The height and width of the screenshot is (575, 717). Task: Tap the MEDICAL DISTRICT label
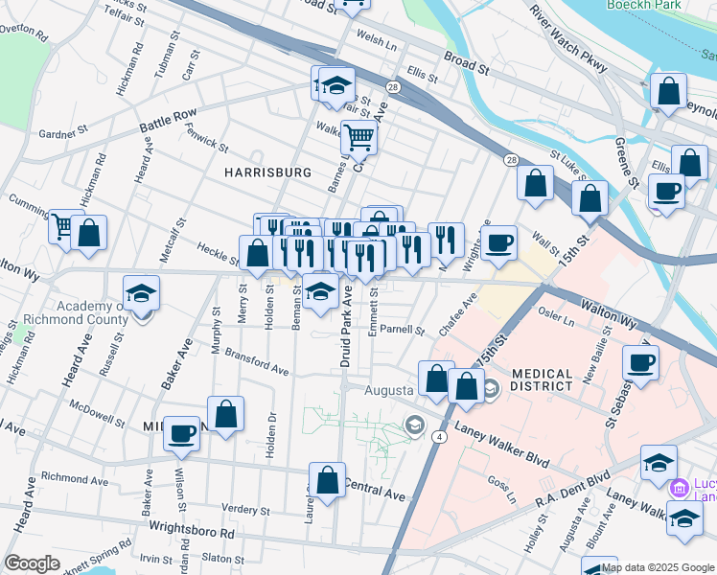pyautogui.click(x=555, y=380)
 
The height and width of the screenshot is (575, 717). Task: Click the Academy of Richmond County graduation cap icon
pyautogui.click(x=142, y=292)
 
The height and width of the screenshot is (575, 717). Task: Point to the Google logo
pyautogui.click(x=32, y=563)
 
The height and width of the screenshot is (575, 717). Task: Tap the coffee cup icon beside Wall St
pyautogui.click(x=497, y=242)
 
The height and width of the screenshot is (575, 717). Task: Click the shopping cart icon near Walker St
pyautogui.click(x=358, y=138)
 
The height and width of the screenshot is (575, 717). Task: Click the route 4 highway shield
pyautogui.click(x=438, y=436)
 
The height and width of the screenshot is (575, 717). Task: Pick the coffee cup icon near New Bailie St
pyautogui.click(x=640, y=363)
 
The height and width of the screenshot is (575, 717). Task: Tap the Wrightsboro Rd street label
pyautogui.click(x=191, y=529)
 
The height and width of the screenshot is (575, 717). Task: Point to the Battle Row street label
pyautogui.click(x=168, y=121)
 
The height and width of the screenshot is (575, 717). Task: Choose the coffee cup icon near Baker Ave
pyautogui.click(x=180, y=433)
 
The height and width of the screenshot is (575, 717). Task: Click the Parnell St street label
pyautogui.click(x=402, y=330)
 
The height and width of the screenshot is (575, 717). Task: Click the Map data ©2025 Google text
pyautogui.click(x=658, y=566)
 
